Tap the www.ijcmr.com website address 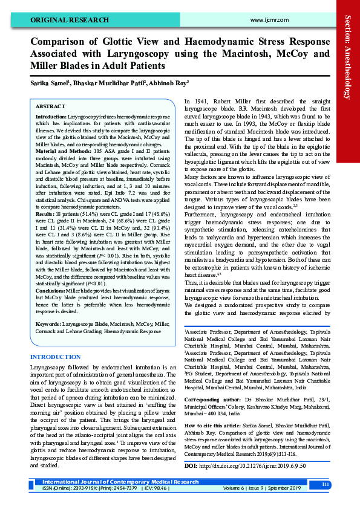pyautogui.click(x=267, y=19)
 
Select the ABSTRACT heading pyautogui.click(x=51, y=106)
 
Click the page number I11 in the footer pyautogui.click(x=326, y=484)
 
